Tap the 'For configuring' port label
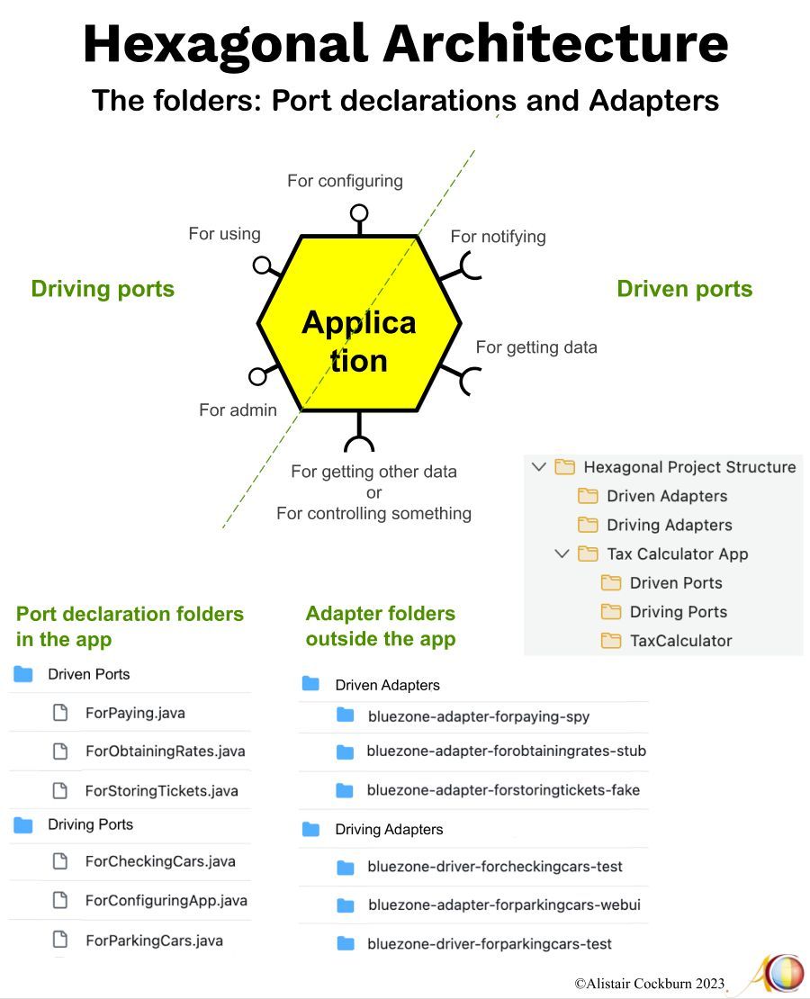345,181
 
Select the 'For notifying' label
498,237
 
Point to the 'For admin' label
238,409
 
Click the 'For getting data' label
535,346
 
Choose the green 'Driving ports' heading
103,289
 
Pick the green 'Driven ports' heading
684,289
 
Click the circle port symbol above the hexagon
359,213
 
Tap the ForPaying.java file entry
135,713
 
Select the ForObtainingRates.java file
165,751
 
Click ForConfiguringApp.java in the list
166,900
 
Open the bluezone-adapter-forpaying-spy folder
478,716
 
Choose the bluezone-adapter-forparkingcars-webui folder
503,905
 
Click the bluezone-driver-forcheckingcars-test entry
494,867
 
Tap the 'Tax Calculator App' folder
677,553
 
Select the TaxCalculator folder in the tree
680,641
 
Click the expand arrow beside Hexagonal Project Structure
539,467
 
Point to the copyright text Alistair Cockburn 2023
649,984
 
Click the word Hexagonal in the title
226,43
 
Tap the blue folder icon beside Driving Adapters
311,829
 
